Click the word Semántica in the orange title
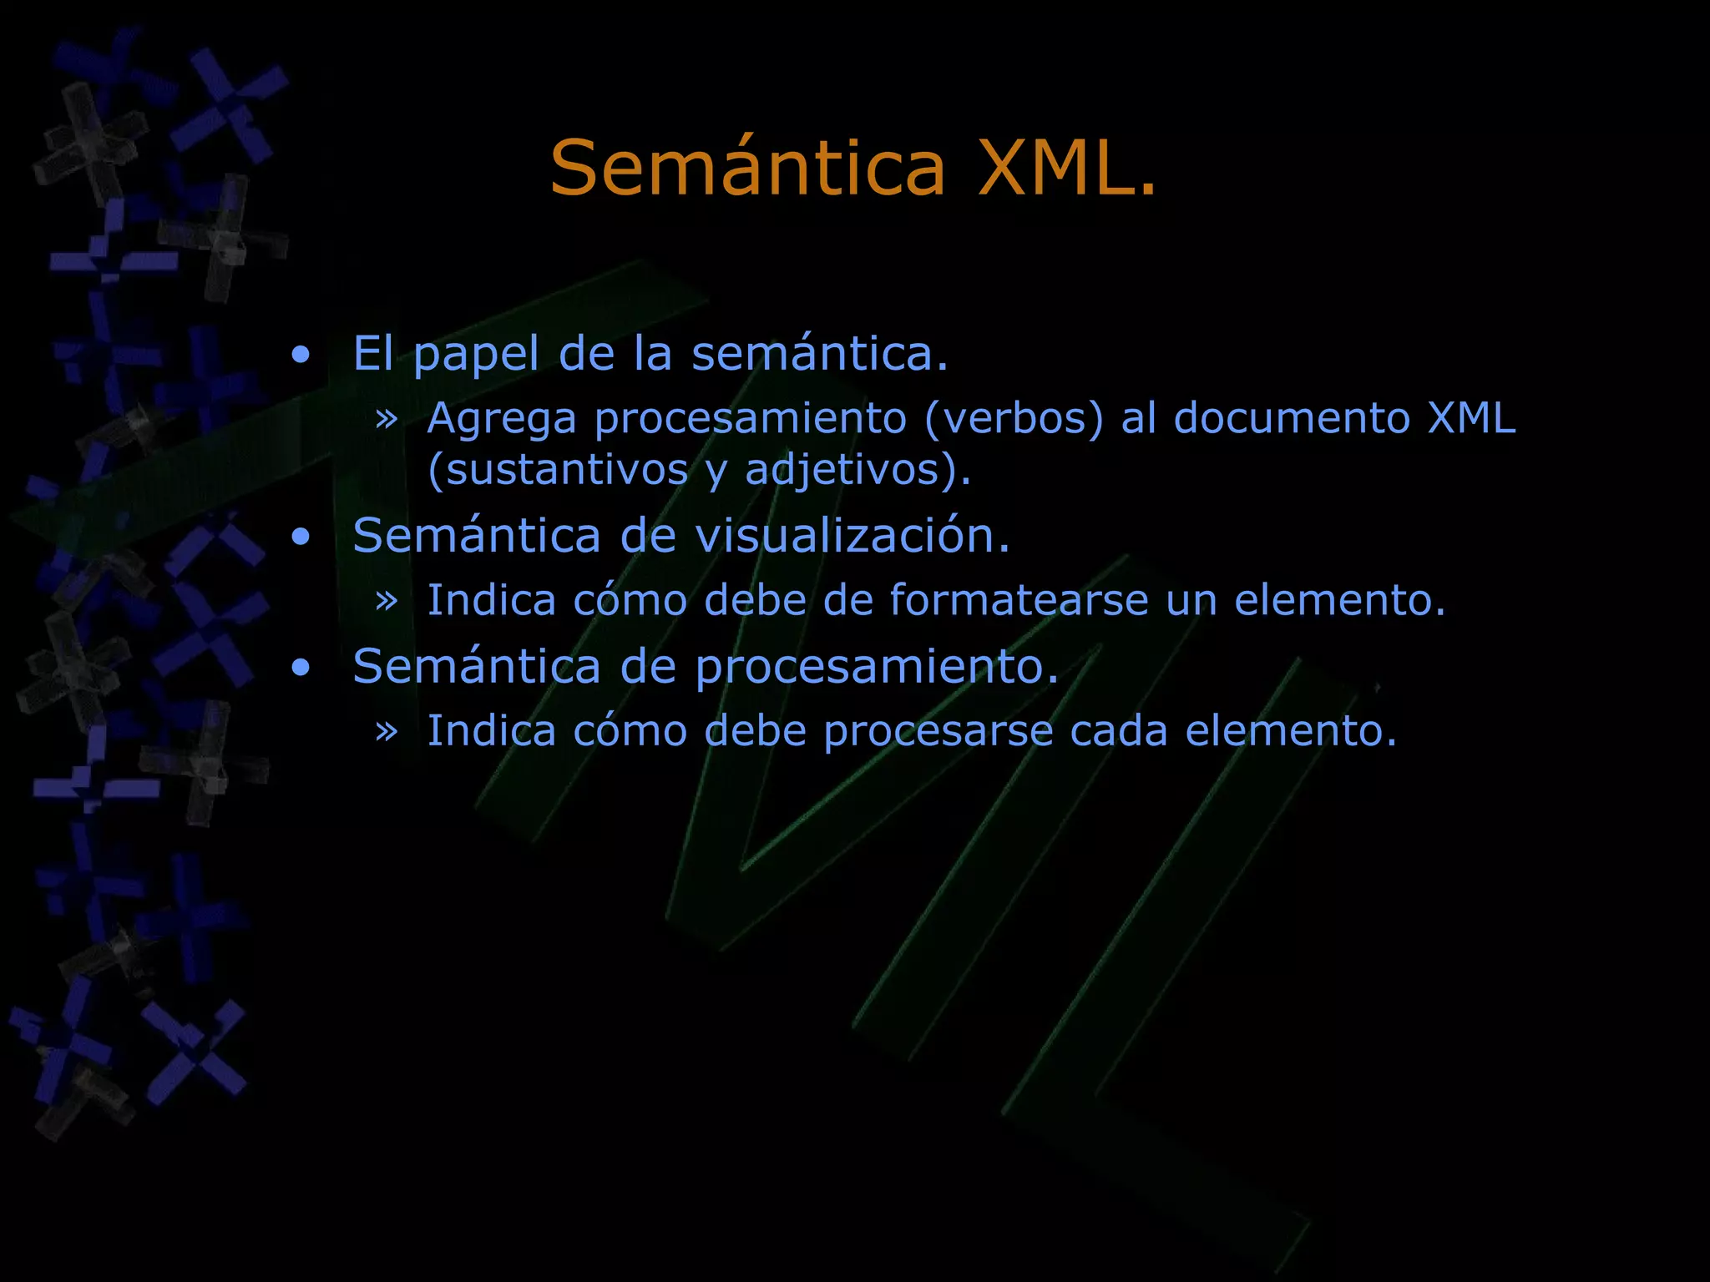(747, 169)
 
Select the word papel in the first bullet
(476, 354)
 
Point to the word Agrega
(502, 419)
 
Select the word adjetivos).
(858, 469)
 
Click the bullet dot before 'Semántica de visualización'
(301, 538)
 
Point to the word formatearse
(1019, 600)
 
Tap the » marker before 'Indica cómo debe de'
(387, 600)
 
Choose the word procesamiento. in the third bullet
(877, 667)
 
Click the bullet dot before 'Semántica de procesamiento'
(301, 668)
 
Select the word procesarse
(938, 731)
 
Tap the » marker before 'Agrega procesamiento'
(387, 418)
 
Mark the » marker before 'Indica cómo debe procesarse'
(387, 731)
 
